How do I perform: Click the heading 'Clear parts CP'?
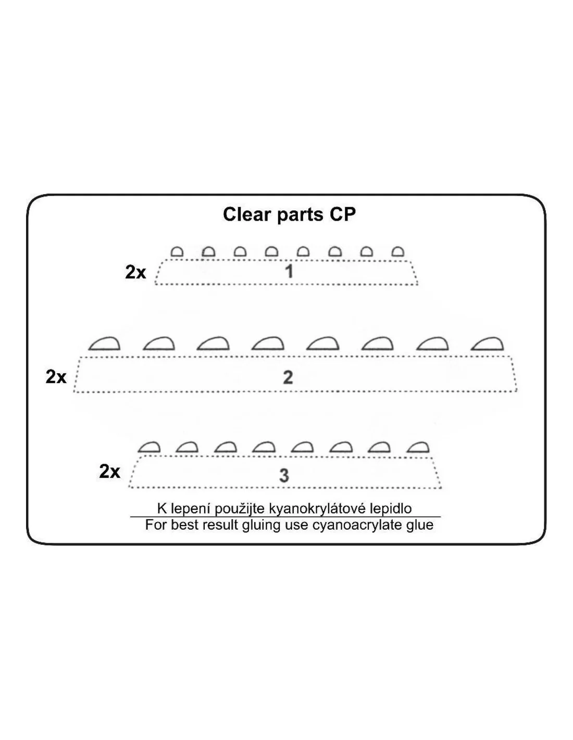pos(289,215)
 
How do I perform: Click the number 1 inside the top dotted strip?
pos(289,272)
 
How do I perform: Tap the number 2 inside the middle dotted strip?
pos(288,378)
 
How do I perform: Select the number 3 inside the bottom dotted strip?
pos(284,476)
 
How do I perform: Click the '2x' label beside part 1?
pos(135,273)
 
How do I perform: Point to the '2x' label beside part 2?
pos(56,377)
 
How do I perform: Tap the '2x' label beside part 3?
pos(109,472)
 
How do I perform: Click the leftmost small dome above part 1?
pos(177,252)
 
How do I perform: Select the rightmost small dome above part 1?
pos(398,252)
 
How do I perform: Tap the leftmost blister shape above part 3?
pos(149,447)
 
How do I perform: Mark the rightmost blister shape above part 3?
pos(418,447)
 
